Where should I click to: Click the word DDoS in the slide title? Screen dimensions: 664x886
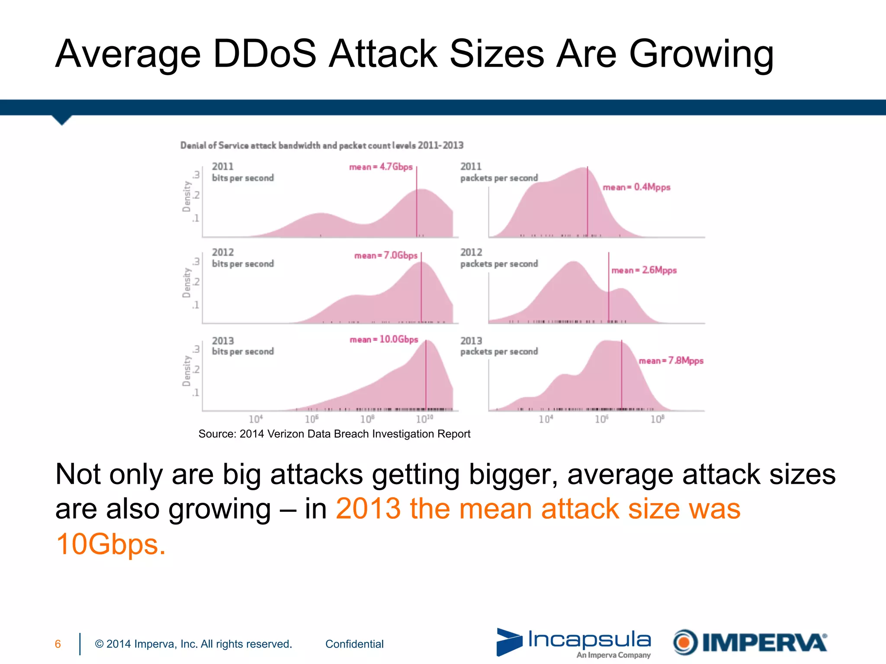pyautogui.click(x=265, y=54)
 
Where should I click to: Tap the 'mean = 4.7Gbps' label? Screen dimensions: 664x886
pyautogui.click(x=381, y=167)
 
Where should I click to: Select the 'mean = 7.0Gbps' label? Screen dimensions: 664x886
pyautogui.click(x=386, y=255)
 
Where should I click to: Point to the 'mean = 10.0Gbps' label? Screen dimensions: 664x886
pyautogui.click(x=384, y=339)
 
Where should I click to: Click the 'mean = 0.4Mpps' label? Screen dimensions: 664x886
pyautogui.click(x=636, y=187)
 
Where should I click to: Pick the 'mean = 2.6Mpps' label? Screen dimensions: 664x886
pyautogui.click(x=644, y=270)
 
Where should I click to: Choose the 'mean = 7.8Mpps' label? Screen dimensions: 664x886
pyautogui.click(x=671, y=361)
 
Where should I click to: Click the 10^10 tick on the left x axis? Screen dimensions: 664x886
pyautogui.click(x=424, y=419)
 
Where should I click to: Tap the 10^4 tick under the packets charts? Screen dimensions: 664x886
pyautogui.click(x=546, y=419)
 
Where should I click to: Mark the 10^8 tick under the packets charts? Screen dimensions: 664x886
pyautogui.click(x=657, y=419)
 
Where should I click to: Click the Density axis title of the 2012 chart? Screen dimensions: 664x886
pyautogui.click(x=186, y=283)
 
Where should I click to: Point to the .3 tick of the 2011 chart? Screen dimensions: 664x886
pyautogui.click(x=196, y=175)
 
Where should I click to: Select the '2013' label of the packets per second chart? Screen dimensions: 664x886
pyautogui.click(x=471, y=341)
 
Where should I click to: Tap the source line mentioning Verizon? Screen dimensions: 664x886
pyautogui.click(x=334, y=434)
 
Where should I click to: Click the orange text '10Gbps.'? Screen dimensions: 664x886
pyautogui.click(x=111, y=544)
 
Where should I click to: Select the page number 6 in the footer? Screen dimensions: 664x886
pyautogui.click(x=58, y=644)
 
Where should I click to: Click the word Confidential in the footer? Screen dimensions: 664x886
pyautogui.click(x=354, y=644)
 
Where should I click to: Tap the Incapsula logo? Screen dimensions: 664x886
pyautogui.click(x=574, y=642)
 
